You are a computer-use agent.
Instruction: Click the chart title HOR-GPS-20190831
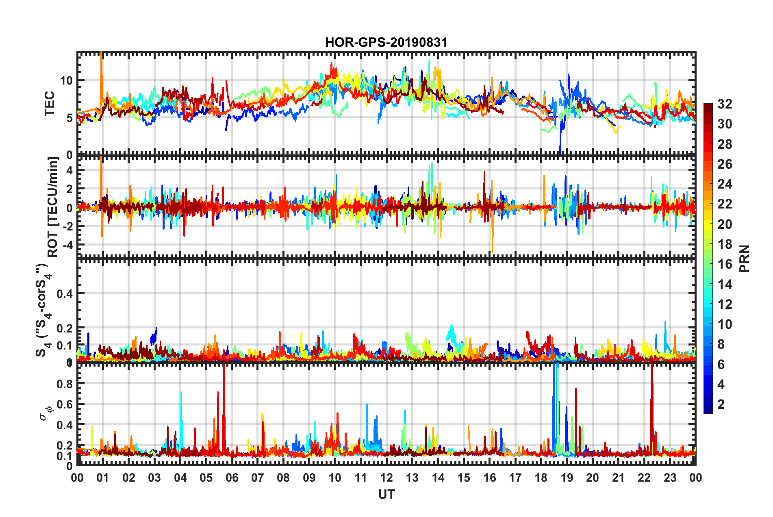click(x=386, y=42)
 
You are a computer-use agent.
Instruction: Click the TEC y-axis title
click(x=50, y=104)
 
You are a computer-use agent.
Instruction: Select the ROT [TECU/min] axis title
click(x=53, y=207)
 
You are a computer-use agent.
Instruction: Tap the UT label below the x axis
click(x=386, y=494)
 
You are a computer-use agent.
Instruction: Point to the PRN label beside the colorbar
click(x=745, y=259)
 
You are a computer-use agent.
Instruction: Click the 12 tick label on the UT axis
click(x=386, y=478)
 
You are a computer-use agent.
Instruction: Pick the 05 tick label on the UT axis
click(x=206, y=478)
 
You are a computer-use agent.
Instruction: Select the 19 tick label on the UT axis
click(x=567, y=478)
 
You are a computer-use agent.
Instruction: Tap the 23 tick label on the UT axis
click(x=670, y=478)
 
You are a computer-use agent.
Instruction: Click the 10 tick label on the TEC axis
click(x=67, y=80)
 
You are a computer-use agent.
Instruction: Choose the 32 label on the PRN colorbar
click(x=725, y=104)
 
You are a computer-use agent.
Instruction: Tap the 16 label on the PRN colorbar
click(x=725, y=264)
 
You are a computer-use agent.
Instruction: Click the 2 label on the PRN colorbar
click(x=721, y=404)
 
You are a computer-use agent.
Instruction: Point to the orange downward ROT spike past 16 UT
click(x=493, y=240)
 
